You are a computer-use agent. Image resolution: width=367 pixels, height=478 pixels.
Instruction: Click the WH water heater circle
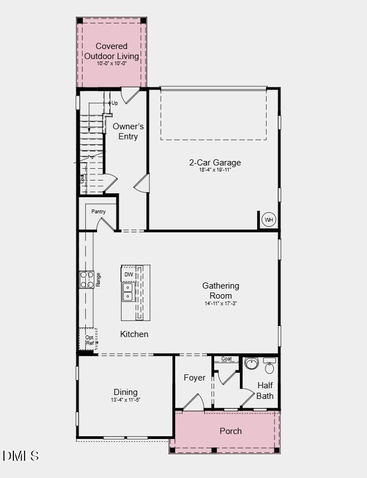pos(269,220)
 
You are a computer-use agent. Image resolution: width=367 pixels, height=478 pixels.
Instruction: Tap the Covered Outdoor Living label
pos(112,51)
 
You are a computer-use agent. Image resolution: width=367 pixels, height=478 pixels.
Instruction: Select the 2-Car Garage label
pos(215,163)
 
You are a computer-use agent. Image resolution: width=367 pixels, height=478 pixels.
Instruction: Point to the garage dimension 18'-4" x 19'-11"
pos(215,170)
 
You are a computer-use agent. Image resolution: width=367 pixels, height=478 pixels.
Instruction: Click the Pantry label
pos(99,212)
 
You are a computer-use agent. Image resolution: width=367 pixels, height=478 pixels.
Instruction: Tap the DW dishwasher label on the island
pos(129,275)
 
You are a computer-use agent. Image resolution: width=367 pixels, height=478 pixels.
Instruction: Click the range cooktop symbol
pos(86,280)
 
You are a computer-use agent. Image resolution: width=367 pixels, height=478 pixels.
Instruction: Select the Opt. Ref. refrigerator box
pos(89,340)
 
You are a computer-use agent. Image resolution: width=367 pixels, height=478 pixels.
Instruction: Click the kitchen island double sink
pos(128,292)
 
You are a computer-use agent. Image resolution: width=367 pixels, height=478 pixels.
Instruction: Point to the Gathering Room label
pos(220,291)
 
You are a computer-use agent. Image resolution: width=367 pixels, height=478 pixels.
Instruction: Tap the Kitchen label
pos(134,334)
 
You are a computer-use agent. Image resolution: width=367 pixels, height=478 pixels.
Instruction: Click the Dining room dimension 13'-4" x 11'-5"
pos(125,400)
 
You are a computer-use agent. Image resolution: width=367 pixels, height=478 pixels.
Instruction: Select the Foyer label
pos(194,378)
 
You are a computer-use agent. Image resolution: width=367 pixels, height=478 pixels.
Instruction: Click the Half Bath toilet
pos(269,366)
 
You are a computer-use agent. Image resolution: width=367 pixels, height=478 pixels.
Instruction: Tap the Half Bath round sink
pos(251,364)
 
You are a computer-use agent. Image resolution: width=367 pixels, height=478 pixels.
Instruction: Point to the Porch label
pos(230,431)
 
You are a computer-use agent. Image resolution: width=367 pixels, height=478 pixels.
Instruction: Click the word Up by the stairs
pos(115,103)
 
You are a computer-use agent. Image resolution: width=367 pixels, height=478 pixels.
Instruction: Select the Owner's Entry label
pos(128,131)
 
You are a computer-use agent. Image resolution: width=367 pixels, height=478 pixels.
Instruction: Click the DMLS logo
pos(21,456)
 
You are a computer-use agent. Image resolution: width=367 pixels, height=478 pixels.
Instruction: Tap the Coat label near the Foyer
pos(226,359)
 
